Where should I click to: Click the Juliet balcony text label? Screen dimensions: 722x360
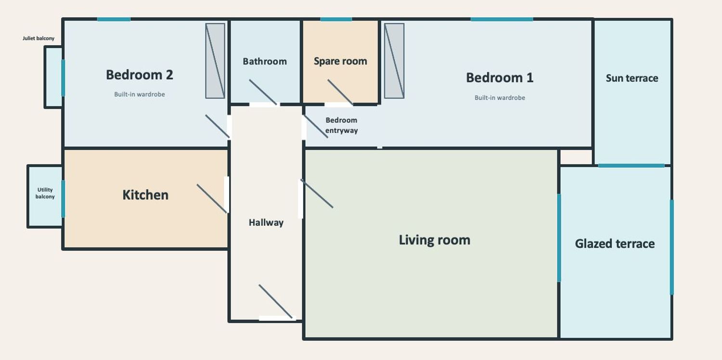click(x=39, y=39)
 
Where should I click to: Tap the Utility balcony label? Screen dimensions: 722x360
click(x=45, y=193)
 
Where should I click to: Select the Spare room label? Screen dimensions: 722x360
click(x=340, y=61)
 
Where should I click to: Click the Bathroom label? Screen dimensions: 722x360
click(x=265, y=61)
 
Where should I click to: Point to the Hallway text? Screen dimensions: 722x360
click(x=266, y=222)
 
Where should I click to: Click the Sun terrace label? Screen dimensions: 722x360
click(x=632, y=78)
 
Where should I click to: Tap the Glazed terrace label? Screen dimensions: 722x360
click(x=615, y=244)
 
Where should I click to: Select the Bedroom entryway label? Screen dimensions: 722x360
click(x=341, y=125)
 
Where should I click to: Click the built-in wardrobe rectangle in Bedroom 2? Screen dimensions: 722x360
click(x=215, y=61)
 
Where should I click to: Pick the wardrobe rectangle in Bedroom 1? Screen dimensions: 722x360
click(x=394, y=61)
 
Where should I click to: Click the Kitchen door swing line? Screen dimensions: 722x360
click(x=212, y=199)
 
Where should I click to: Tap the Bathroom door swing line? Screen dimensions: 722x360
click(x=263, y=92)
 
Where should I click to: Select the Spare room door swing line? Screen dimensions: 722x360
click(x=340, y=92)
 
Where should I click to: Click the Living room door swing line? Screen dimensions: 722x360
click(x=317, y=193)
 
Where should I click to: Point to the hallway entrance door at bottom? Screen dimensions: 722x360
click(x=276, y=301)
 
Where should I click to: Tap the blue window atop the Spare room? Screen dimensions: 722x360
click(x=336, y=19)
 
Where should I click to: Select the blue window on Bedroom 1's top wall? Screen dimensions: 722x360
click(x=502, y=19)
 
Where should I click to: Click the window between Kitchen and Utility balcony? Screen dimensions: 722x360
click(x=63, y=199)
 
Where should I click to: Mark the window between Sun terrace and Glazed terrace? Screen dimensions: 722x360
click(x=631, y=166)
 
